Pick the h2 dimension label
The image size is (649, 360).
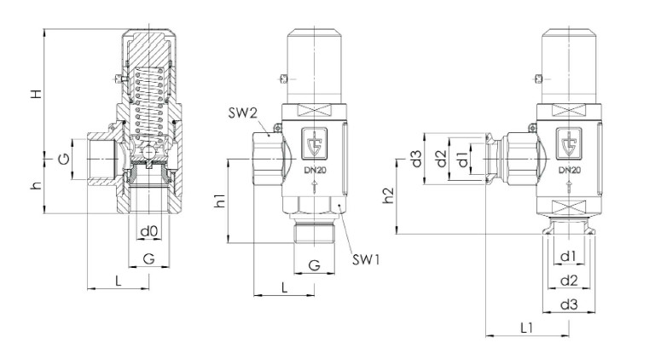coord(388,195)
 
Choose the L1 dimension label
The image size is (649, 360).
coord(526,327)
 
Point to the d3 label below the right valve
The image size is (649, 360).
coord(568,305)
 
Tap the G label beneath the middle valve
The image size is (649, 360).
coord(315,265)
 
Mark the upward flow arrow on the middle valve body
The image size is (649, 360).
coord(312,189)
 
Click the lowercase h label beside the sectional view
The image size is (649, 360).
coord(36,185)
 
